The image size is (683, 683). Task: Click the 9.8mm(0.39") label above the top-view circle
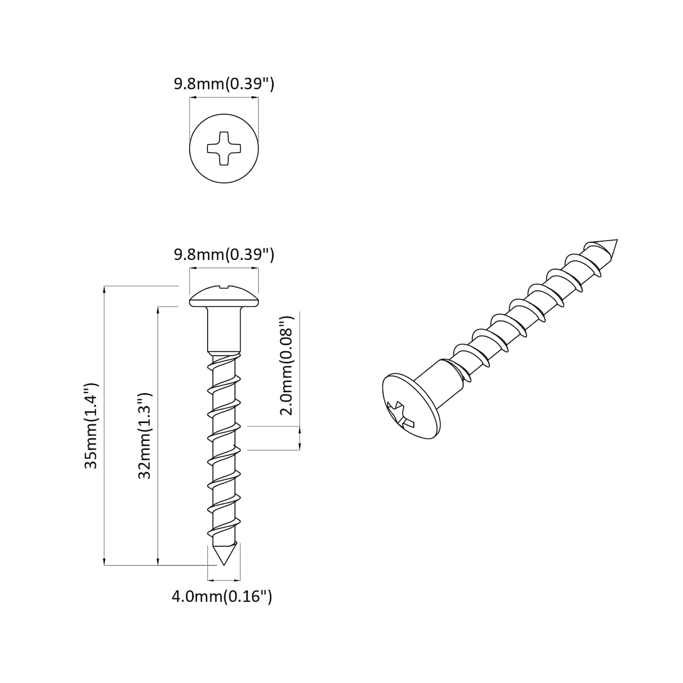tap(224, 84)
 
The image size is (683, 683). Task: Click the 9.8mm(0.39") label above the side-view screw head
tap(224, 254)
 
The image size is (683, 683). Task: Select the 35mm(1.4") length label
tap(91, 425)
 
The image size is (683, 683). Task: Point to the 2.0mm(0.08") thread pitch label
tap(287, 365)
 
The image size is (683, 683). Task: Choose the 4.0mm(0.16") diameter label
tap(222, 597)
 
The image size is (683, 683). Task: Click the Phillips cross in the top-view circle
tap(224, 148)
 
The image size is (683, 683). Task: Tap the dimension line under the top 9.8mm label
tap(224, 98)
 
